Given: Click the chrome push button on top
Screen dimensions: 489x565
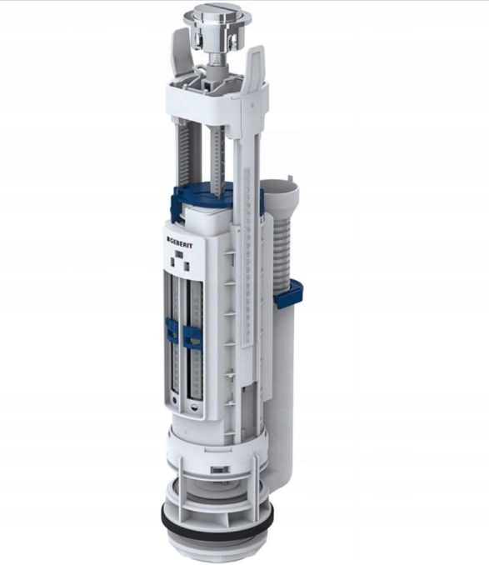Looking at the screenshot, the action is [217, 17].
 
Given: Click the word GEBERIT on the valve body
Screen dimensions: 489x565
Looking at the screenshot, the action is [180, 243].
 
